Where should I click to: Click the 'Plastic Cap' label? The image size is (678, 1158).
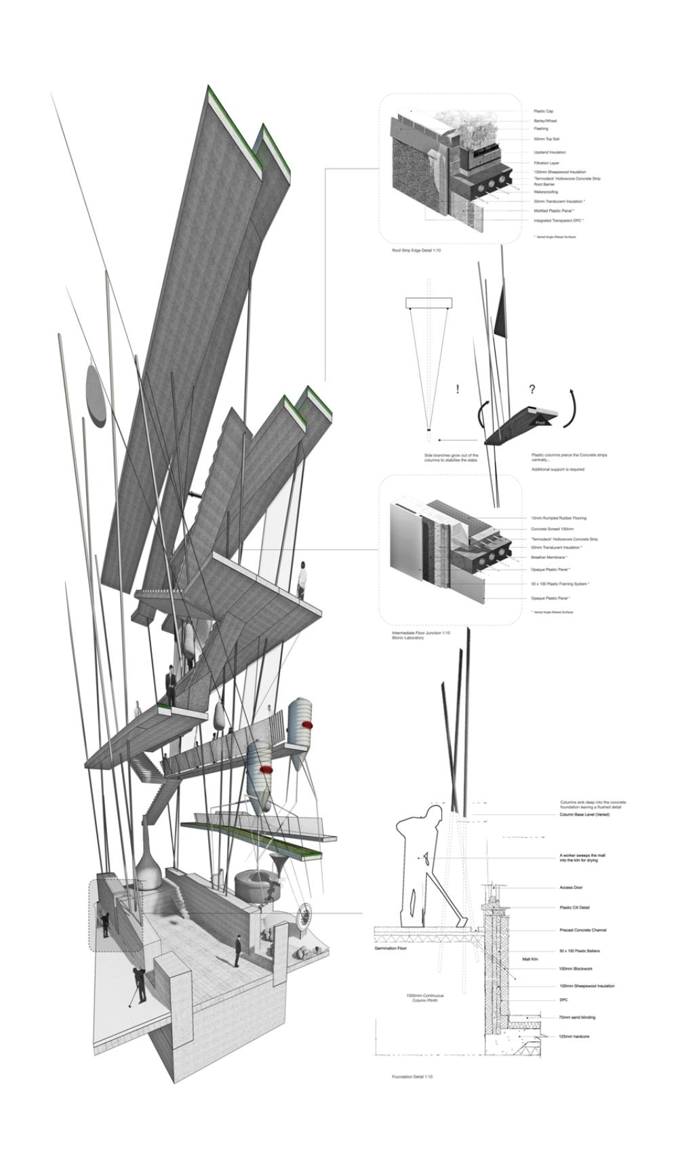tap(543, 111)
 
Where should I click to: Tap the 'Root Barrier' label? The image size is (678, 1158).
tap(544, 184)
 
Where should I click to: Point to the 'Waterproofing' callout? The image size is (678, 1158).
tap(546, 192)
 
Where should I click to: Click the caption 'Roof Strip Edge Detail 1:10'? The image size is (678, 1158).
tap(416, 251)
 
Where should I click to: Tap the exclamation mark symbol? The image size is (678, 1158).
tap(458, 389)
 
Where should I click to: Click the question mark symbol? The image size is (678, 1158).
tap(532, 389)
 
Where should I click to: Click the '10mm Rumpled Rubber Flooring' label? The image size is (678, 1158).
tap(559, 518)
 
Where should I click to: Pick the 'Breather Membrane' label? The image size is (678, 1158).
tap(550, 557)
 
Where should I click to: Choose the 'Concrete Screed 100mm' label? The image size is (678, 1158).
tap(552, 529)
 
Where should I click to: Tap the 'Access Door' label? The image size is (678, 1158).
tap(571, 887)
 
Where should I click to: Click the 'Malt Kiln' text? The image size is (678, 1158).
tap(530, 959)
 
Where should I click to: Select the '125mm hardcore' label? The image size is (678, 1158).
tap(574, 1037)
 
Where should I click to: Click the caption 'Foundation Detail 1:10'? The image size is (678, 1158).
tap(412, 1077)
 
